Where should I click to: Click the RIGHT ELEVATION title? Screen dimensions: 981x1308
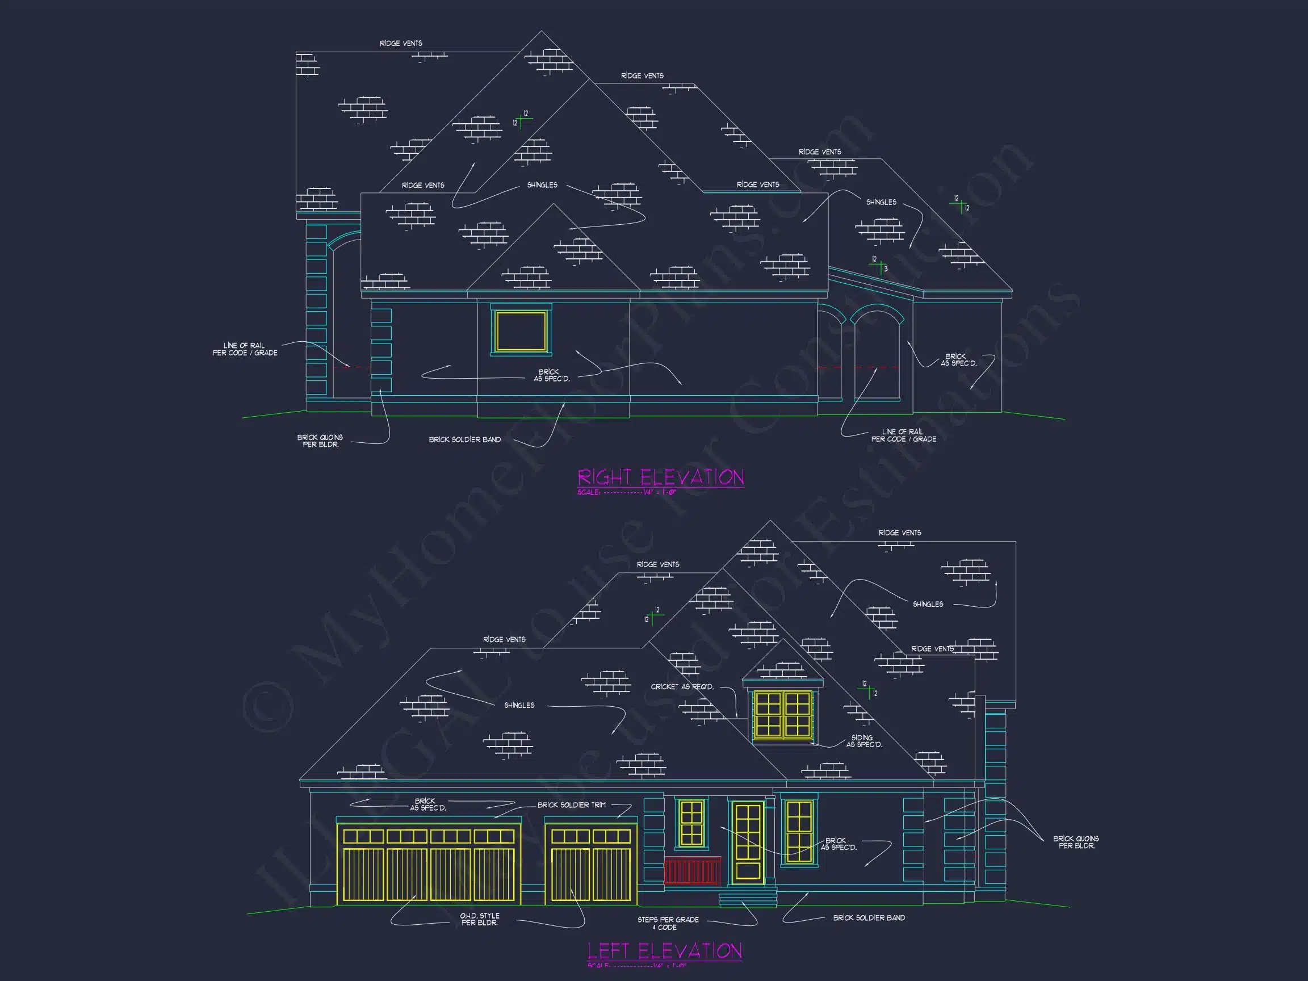coord(660,477)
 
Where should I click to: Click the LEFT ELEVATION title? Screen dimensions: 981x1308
coord(664,951)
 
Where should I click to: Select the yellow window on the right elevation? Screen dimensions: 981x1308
coord(521,331)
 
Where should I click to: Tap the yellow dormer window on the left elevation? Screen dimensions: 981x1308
coord(782,715)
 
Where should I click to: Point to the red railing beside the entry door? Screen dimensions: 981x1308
coord(693,870)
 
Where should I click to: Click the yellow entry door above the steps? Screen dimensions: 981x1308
coord(748,842)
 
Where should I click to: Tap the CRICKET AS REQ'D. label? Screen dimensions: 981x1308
coord(682,686)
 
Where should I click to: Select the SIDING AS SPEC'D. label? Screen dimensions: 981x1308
coord(863,741)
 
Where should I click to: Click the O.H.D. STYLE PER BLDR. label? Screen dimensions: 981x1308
coord(480,919)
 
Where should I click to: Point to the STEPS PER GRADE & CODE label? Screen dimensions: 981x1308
coord(668,923)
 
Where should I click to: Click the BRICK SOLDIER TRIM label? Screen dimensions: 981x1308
coord(571,805)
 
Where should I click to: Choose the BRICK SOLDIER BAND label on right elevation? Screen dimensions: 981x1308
coord(465,439)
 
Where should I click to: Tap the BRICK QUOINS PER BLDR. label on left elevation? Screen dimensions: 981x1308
coord(1076,842)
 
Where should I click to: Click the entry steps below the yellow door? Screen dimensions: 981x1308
coord(748,899)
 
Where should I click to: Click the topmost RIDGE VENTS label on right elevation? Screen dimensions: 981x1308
coord(401,43)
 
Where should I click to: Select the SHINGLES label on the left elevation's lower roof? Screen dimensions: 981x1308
coord(519,705)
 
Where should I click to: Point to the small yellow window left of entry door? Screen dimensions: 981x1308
coord(691,823)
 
